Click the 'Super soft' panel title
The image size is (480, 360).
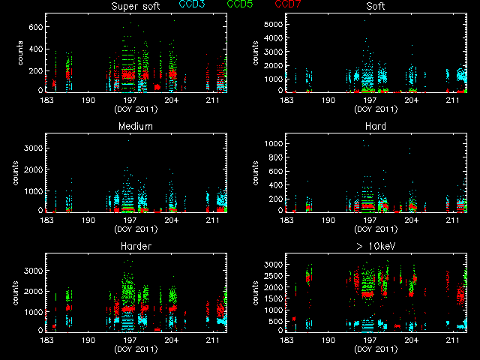[x=136, y=6]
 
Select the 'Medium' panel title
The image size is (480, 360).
[x=136, y=126]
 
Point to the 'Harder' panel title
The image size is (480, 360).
[x=136, y=246]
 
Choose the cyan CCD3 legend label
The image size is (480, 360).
[x=193, y=4]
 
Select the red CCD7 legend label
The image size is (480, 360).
[x=289, y=4]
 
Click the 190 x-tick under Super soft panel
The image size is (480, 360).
[x=88, y=98]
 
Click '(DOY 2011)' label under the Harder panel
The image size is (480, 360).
[x=136, y=349]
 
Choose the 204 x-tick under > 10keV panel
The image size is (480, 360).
[x=411, y=338]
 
